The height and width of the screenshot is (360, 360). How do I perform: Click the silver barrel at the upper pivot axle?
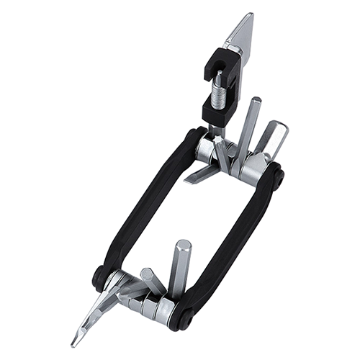point(209,151)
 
